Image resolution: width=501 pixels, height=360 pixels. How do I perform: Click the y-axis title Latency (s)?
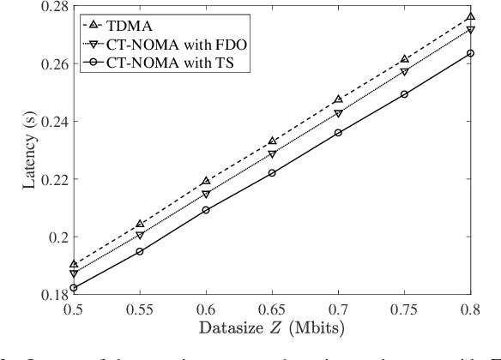coord(16,150)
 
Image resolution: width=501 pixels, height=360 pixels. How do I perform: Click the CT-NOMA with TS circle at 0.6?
coord(206,210)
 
